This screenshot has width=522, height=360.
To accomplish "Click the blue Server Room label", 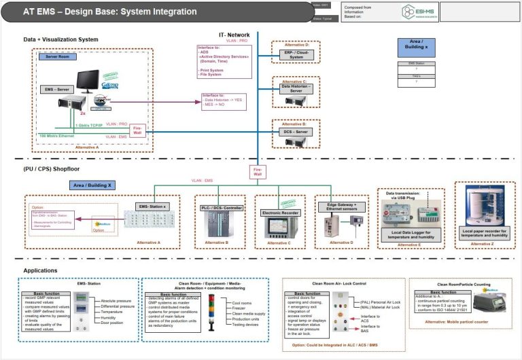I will click(56, 57).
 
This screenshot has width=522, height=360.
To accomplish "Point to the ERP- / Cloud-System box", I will click(296, 54).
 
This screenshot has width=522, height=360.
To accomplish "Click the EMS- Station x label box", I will click(152, 205).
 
